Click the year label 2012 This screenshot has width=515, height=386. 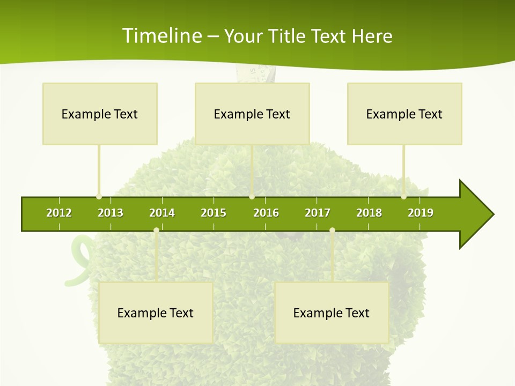tap(59, 213)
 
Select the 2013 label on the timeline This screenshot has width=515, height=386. tap(111, 213)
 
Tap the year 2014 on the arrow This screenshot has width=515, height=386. tap(162, 213)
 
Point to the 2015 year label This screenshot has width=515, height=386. tap(214, 213)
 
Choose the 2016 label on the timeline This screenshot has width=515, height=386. tap(266, 213)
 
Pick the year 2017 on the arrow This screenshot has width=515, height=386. tap(318, 213)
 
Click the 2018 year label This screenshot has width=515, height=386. tap(369, 213)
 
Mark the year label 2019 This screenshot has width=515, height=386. tap(421, 213)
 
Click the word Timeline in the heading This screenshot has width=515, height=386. tap(161, 36)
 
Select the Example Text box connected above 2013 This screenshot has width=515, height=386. tap(100, 114)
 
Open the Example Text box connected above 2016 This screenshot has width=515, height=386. tap(252, 114)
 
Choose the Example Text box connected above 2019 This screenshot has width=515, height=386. tap(404, 114)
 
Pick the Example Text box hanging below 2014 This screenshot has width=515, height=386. tap(156, 313)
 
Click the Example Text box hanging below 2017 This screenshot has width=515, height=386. tap(332, 313)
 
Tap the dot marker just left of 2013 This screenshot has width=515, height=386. tap(99, 197)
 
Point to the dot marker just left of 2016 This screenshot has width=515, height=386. tap(252, 197)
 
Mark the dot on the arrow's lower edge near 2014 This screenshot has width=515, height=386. tap(156, 231)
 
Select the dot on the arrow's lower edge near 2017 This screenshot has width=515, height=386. tap(332, 231)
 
